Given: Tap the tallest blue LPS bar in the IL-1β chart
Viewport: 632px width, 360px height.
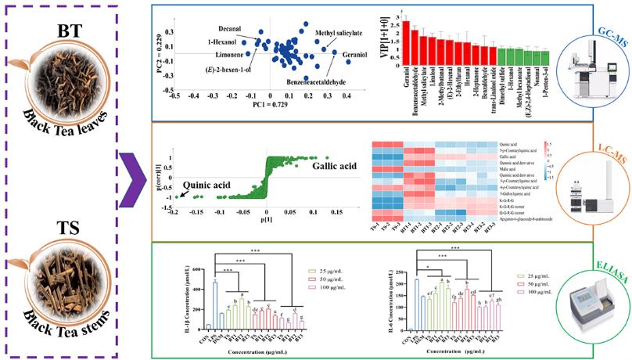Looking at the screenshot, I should click(x=214, y=297).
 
